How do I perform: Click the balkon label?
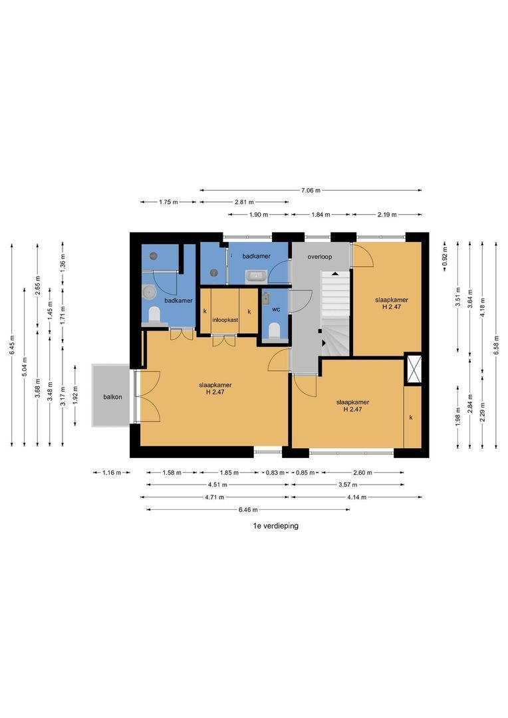112,396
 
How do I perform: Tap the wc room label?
276,310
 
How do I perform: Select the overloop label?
320,257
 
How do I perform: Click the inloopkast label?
225,320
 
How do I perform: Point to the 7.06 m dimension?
311,190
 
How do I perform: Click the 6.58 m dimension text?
496,344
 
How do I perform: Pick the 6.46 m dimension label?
248,510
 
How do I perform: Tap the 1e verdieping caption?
276,526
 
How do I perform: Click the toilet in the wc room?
275,330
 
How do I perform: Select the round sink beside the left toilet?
148,291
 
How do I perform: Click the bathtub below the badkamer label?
256,276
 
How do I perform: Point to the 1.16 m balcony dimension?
111,473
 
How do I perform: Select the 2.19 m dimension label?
386,214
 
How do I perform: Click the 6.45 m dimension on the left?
12,344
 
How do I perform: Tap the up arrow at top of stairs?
335,273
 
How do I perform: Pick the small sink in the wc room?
266,298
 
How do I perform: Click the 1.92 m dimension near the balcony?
76,396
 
